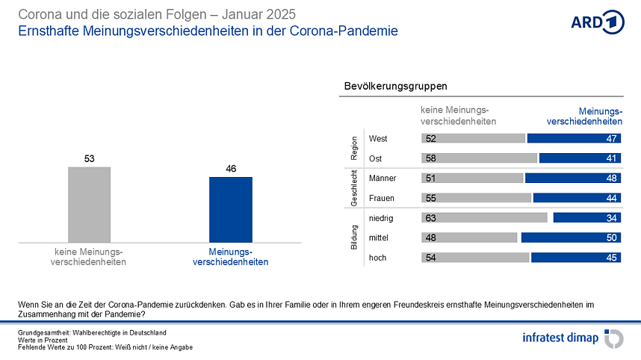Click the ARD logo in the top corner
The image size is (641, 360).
[x=597, y=22]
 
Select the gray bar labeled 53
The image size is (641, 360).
[x=89, y=205]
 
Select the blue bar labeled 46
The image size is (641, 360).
[x=231, y=210]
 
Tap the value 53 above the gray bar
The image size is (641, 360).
[x=89, y=158]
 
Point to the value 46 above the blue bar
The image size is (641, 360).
[x=231, y=169]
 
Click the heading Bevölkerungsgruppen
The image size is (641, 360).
[x=395, y=87]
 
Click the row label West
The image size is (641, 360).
[x=378, y=138]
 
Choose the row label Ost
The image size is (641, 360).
[x=376, y=158]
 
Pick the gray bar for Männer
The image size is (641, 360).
[x=472, y=179]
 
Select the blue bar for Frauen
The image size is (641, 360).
[x=577, y=198]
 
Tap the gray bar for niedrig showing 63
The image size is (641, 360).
[x=484, y=218]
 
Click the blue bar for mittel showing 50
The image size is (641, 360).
[x=571, y=238]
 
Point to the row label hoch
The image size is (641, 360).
[x=379, y=258]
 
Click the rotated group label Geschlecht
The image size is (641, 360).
[x=354, y=188]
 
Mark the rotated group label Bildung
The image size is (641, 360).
[x=354, y=238]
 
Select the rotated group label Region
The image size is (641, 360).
[x=354, y=148]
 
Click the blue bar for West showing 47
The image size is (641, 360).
[x=574, y=138]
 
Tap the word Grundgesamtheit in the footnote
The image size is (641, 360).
[x=41, y=332]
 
